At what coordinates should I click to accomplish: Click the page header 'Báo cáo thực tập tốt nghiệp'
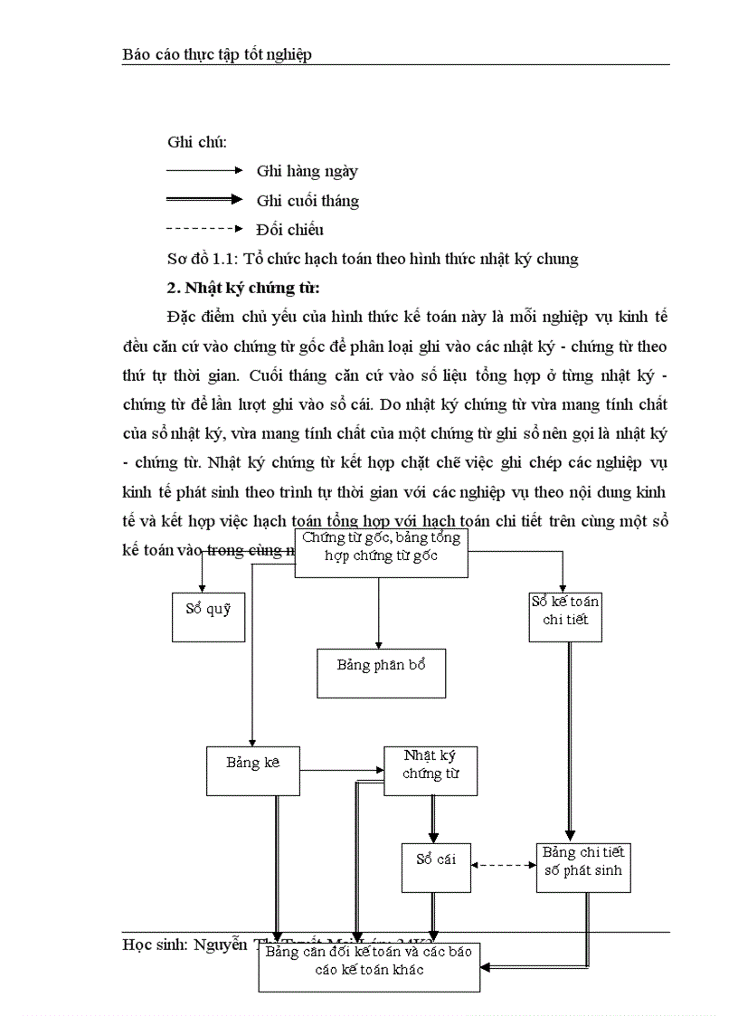tap(217, 54)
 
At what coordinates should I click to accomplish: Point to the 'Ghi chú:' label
tap(196, 142)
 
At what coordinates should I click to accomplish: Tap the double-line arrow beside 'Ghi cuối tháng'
tap(204, 200)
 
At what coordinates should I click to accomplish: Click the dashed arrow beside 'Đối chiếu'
tap(204, 229)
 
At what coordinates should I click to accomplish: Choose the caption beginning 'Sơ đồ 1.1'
tap(373, 259)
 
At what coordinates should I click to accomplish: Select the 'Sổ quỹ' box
tap(208, 616)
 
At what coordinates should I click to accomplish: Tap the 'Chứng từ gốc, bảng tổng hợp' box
tap(382, 552)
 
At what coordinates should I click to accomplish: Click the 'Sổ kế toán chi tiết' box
tap(565, 615)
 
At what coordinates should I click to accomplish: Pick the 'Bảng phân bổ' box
tap(381, 672)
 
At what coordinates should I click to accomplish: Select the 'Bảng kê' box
tap(253, 770)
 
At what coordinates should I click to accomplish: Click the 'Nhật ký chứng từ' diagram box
tap(430, 770)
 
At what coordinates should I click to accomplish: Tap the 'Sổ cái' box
tap(436, 867)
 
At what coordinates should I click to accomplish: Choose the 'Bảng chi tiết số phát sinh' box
tap(583, 867)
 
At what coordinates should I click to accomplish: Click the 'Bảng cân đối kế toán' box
tap(369, 966)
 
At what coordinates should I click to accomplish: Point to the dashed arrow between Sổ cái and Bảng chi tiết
tap(504, 865)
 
